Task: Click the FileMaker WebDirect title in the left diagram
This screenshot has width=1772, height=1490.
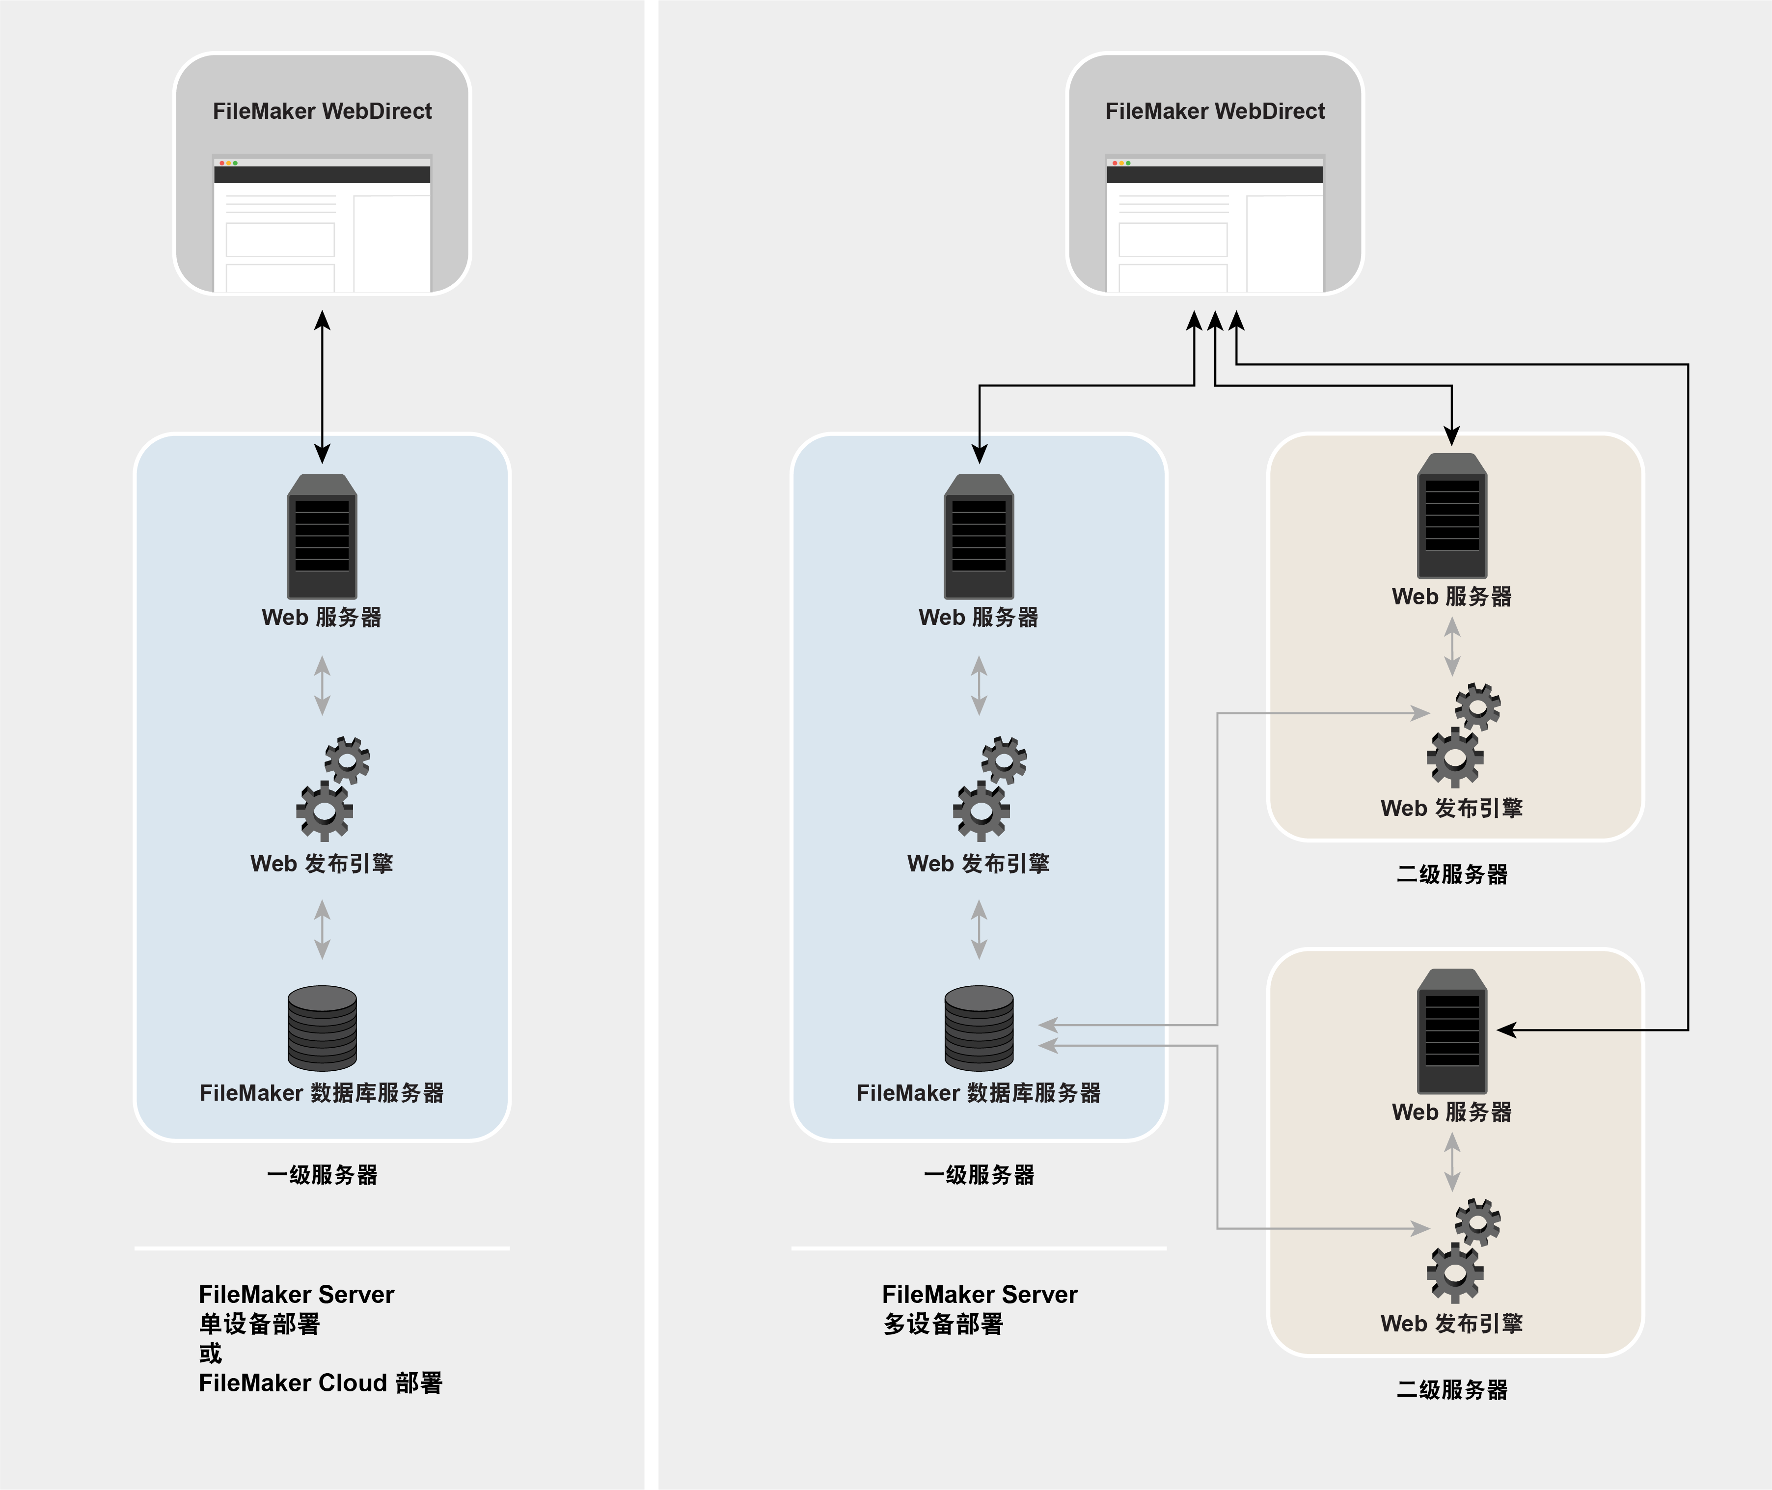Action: (x=322, y=111)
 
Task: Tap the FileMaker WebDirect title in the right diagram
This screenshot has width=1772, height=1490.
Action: (x=1215, y=111)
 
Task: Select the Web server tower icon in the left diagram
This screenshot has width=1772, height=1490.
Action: (x=322, y=537)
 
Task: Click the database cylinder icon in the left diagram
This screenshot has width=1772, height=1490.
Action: (x=322, y=1028)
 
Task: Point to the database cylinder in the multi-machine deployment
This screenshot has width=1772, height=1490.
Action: (x=979, y=1028)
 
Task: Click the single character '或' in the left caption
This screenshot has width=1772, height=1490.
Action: (x=210, y=1353)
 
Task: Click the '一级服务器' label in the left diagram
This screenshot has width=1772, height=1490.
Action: (x=322, y=1175)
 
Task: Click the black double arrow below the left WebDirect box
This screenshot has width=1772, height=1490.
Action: (x=322, y=386)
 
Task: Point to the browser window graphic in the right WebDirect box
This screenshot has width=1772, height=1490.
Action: (x=1215, y=224)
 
